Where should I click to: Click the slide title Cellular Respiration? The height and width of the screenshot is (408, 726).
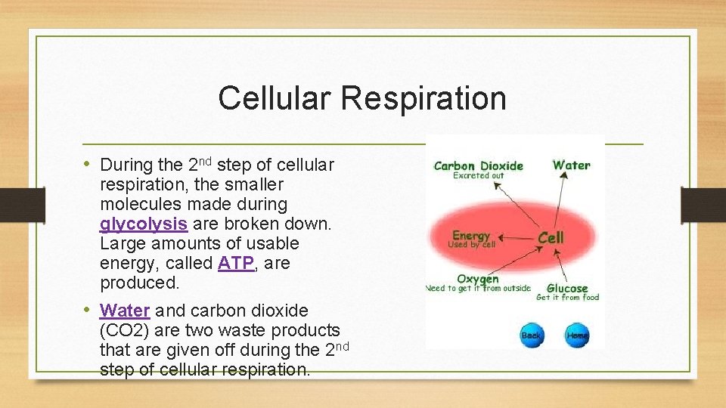point(361,98)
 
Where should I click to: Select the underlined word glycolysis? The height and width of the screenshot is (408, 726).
point(144,224)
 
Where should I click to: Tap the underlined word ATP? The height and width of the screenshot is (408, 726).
point(234,264)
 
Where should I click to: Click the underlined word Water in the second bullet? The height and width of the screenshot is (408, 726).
point(125,311)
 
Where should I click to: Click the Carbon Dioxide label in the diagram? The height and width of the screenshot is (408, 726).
point(478,165)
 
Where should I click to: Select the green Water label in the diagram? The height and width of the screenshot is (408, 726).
point(571,165)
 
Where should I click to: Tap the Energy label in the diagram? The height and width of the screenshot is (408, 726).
point(471,236)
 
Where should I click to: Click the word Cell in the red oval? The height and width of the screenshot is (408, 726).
point(551,237)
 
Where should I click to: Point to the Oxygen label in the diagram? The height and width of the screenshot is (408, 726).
point(478,279)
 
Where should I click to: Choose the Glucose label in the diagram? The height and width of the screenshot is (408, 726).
point(567,288)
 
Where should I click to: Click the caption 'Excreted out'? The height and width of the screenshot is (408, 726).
point(478,176)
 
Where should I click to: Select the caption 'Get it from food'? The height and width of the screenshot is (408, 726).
point(567,298)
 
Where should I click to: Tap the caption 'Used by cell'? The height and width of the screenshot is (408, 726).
point(471,245)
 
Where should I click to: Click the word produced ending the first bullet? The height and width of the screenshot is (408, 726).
point(139,283)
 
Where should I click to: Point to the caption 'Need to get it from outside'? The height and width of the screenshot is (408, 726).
point(478,289)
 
